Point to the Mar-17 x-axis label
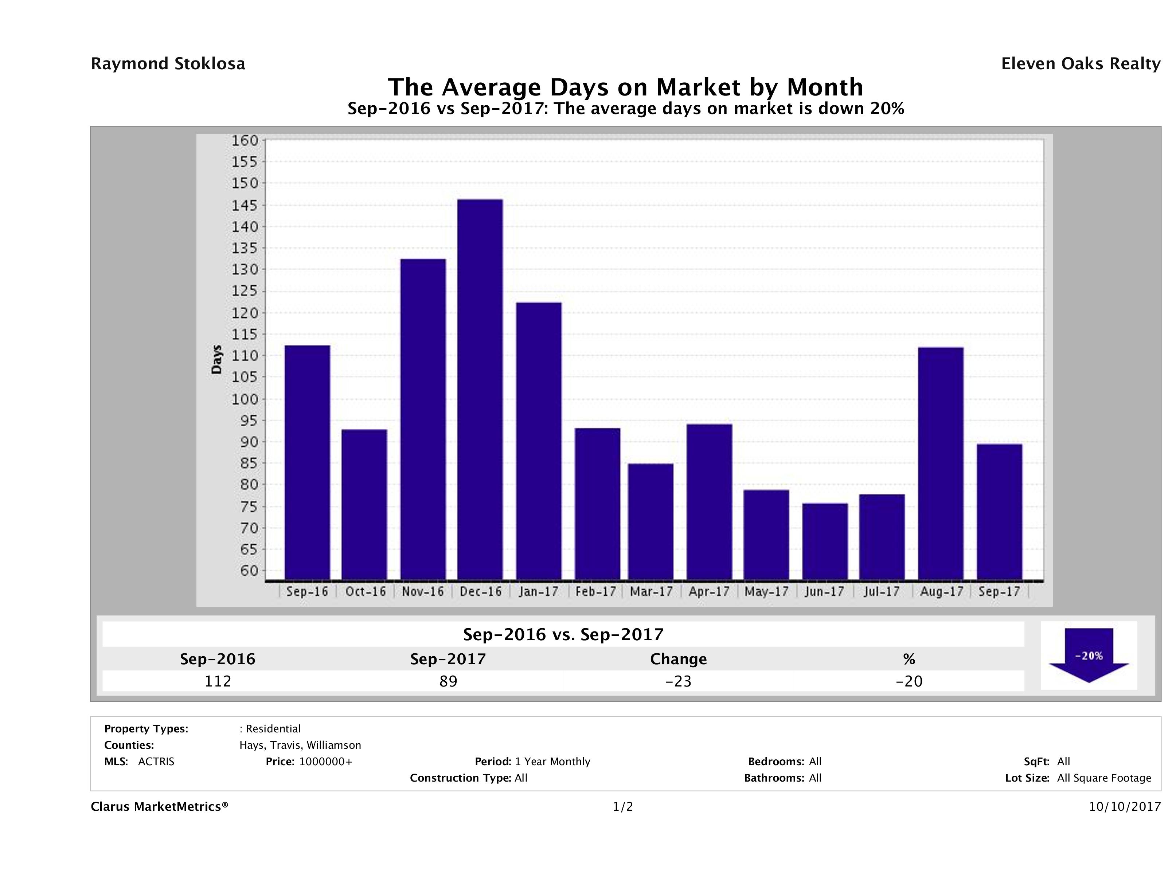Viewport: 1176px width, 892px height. (x=651, y=592)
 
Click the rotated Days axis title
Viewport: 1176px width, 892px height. (x=216, y=360)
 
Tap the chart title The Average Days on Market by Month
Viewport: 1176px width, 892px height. (x=625, y=87)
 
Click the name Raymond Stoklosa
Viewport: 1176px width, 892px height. (x=168, y=64)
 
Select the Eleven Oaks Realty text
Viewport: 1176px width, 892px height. (x=1080, y=64)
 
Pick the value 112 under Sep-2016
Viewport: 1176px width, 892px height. (x=218, y=681)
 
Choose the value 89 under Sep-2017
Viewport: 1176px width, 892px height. (x=448, y=681)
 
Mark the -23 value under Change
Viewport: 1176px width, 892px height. (x=679, y=681)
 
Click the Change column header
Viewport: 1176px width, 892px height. (x=679, y=659)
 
